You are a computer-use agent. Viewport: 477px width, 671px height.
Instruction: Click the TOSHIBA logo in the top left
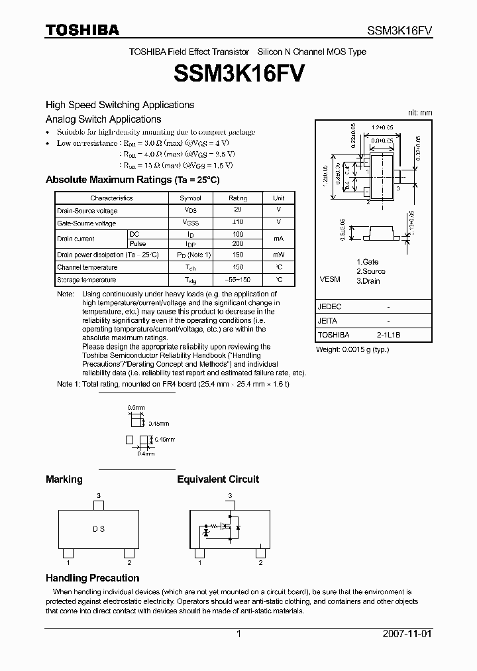click(82, 30)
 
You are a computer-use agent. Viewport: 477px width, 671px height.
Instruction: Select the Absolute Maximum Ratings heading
click(132, 180)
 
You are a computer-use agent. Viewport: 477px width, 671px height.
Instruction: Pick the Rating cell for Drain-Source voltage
click(237, 210)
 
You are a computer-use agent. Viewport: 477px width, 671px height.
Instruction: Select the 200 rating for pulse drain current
click(237, 243)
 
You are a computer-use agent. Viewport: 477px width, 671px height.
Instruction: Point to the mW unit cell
click(279, 255)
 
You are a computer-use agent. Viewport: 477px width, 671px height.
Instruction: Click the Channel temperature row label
click(87, 267)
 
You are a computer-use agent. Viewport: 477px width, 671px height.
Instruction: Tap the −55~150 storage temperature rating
click(237, 280)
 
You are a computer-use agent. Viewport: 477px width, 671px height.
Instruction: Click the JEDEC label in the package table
click(329, 307)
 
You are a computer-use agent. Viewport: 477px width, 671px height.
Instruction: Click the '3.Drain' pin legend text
click(368, 280)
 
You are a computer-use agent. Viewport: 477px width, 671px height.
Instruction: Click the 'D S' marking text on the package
click(98, 529)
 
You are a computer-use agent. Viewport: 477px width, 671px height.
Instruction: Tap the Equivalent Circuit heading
click(218, 479)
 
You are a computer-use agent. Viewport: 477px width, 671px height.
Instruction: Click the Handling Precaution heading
click(92, 578)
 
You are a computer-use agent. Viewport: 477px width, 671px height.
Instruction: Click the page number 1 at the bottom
click(238, 634)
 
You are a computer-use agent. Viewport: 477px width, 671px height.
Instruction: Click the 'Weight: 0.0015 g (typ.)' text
click(352, 349)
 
